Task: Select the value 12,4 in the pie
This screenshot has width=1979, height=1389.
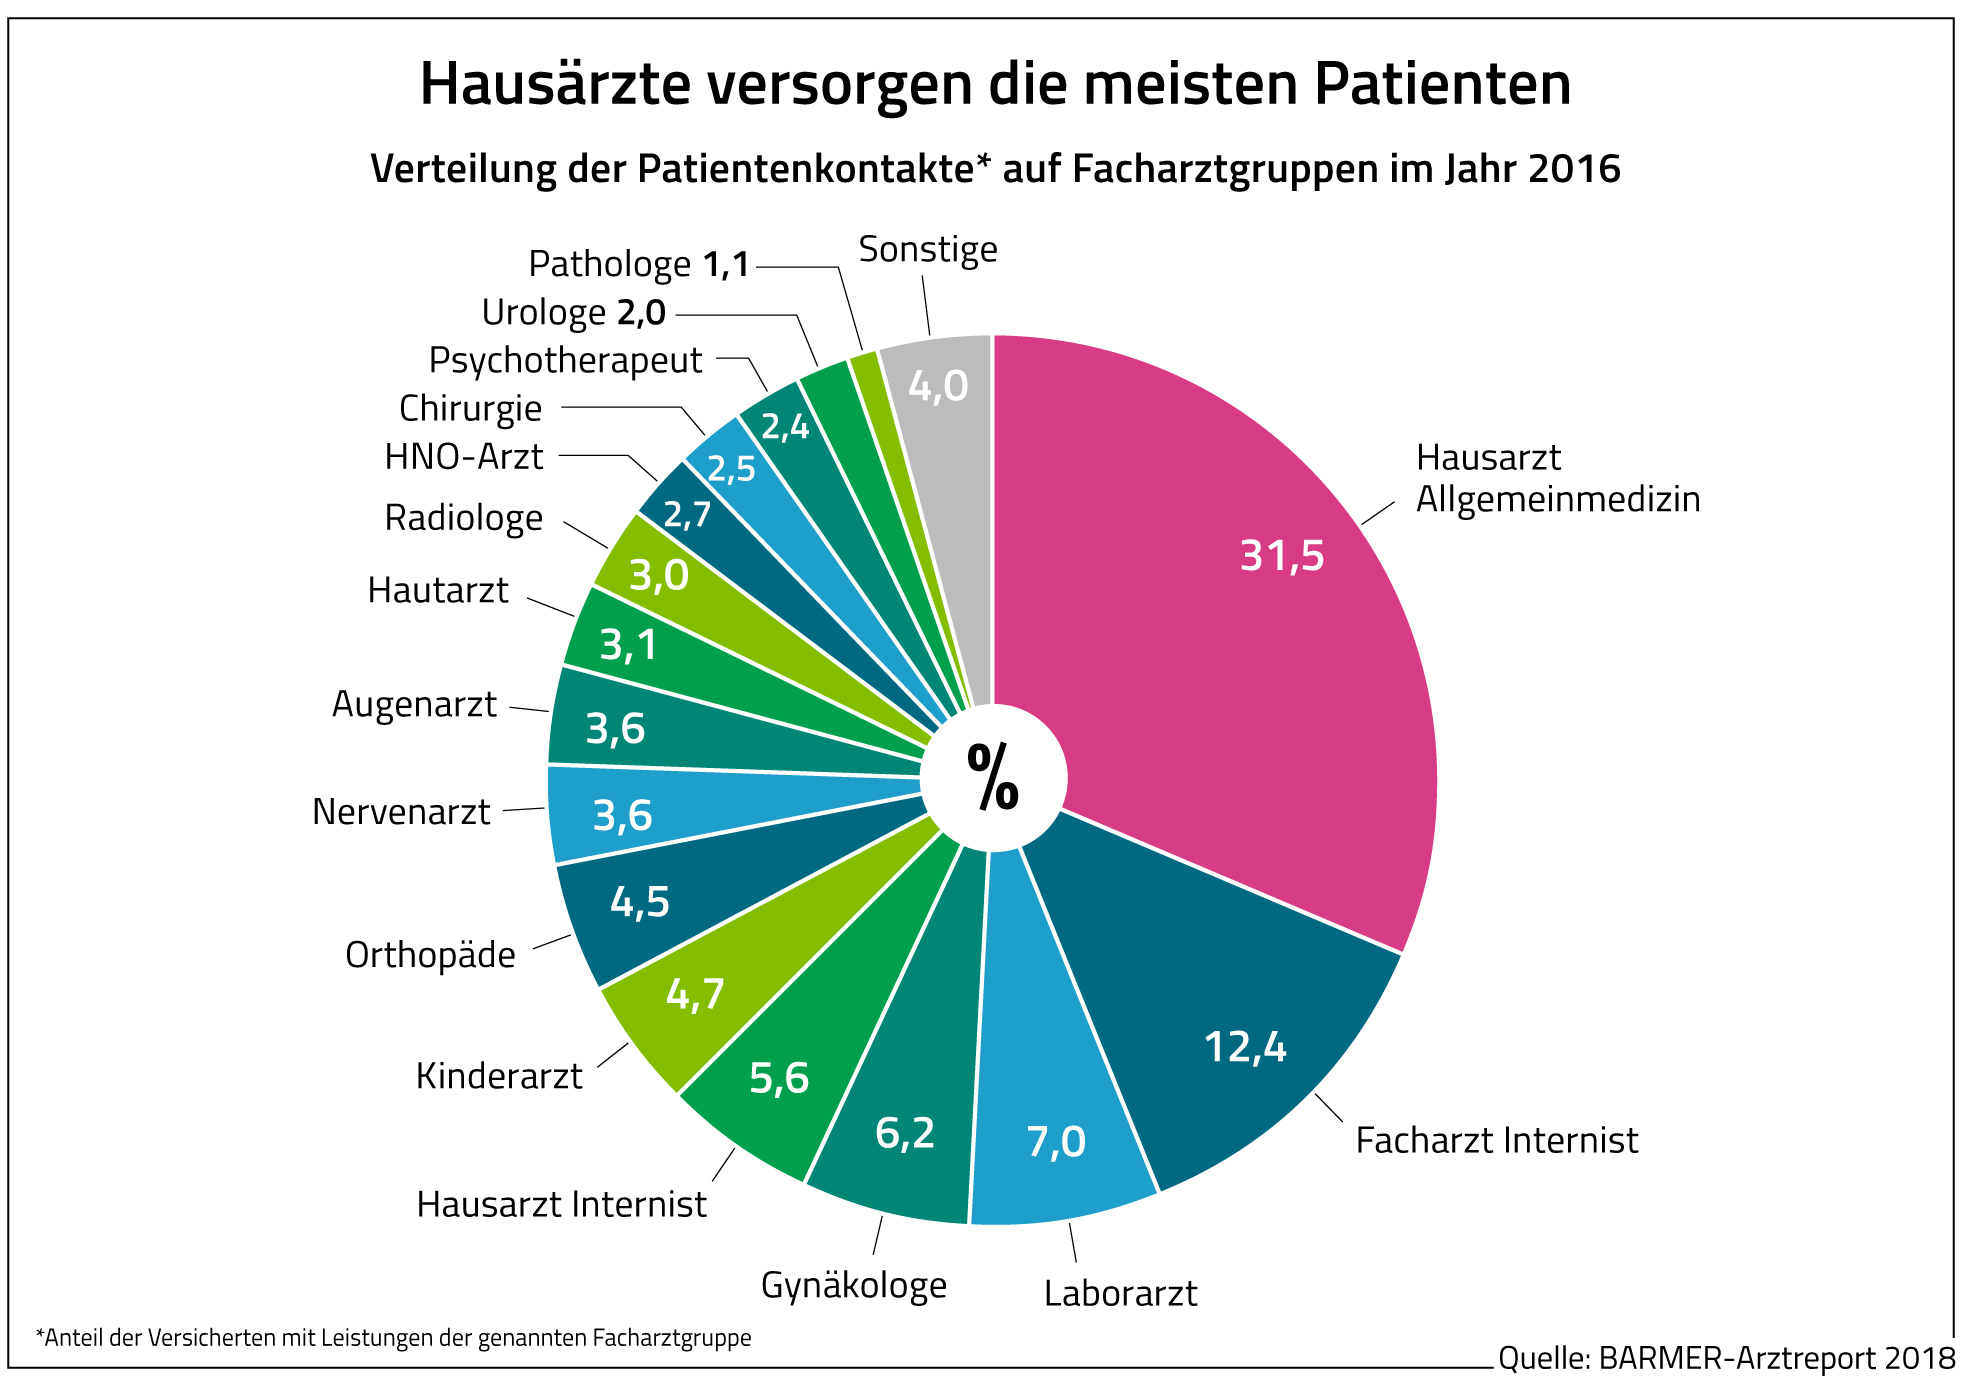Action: pos(1244,1047)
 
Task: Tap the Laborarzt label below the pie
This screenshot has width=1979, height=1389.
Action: pos(1120,1293)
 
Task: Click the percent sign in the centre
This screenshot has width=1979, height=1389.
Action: pos(992,777)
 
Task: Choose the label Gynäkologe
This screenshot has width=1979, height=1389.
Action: pos(853,1285)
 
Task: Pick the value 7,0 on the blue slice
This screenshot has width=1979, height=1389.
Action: pos(1056,1141)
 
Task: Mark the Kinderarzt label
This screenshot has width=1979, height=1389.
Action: pos(498,1076)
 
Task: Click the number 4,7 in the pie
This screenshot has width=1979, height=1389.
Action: pos(695,994)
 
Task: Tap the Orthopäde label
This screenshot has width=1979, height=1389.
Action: pos(430,955)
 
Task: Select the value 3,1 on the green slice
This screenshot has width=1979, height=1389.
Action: pos(628,645)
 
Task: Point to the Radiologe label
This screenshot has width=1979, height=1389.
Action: pos(463,518)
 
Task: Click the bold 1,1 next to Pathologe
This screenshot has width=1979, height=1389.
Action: pos(726,265)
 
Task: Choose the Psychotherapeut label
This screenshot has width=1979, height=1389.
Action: pos(565,360)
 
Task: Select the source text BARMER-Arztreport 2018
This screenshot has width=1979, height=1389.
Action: pos(1776,1358)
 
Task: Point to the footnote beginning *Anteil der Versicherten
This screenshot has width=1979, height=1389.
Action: pos(393,1337)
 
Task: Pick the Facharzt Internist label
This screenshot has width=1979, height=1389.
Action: pos(1496,1140)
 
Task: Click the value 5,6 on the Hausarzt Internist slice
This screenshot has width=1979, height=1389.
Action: pos(779,1078)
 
